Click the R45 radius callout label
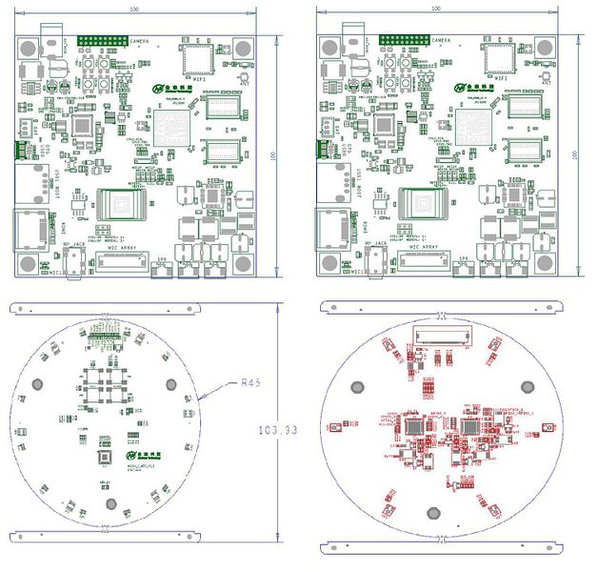click(x=249, y=383)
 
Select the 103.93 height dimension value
click(x=279, y=431)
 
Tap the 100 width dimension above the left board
click(x=132, y=8)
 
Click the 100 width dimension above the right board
click(x=436, y=8)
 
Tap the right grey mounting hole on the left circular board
click(x=171, y=384)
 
